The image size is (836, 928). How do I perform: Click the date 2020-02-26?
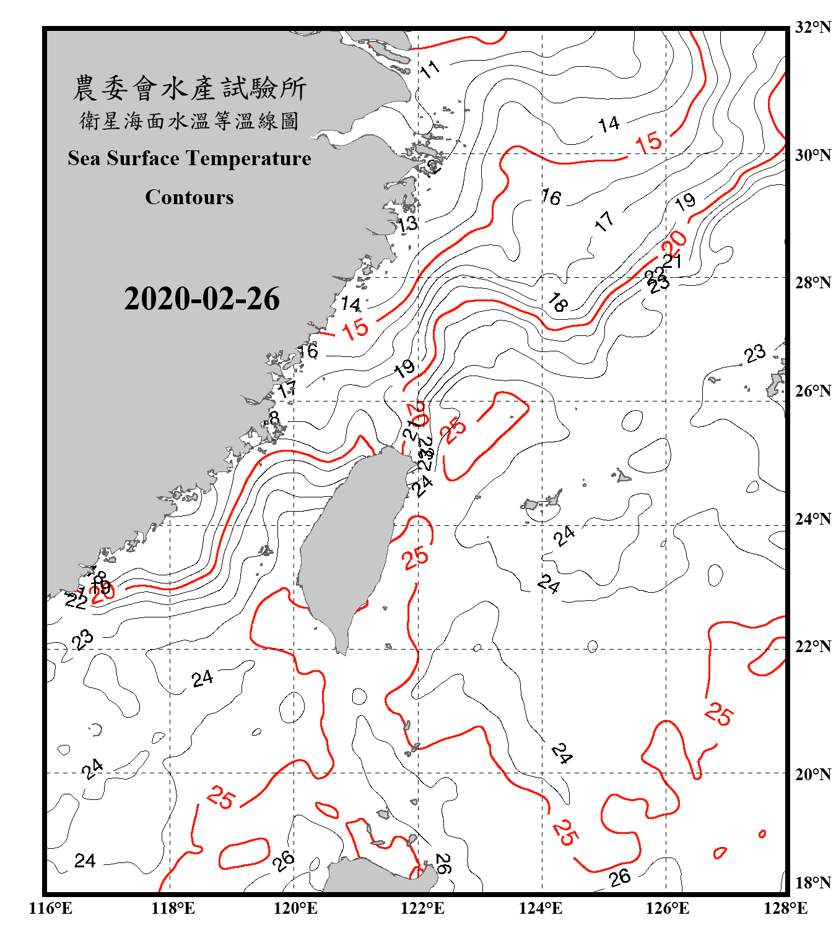pyautogui.click(x=202, y=299)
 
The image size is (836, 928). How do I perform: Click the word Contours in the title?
pyautogui.click(x=189, y=197)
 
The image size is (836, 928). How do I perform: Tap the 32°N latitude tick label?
pyautogui.click(x=813, y=27)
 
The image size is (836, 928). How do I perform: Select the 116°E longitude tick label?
pyautogui.click(x=51, y=908)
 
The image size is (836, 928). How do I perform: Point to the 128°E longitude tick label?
pyautogui.click(x=785, y=908)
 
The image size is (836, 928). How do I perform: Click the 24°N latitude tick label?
pyautogui.click(x=813, y=519)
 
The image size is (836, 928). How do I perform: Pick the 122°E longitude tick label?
pyautogui.click(x=422, y=908)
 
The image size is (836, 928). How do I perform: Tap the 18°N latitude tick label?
pyautogui.click(x=813, y=883)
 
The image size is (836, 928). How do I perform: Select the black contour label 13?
pyautogui.click(x=407, y=224)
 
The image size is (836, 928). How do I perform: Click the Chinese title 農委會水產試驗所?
pyautogui.click(x=189, y=88)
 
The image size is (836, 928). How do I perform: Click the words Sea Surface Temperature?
pyautogui.click(x=189, y=158)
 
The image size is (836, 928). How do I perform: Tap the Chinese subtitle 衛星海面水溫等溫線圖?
pyautogui.click(x=189, y=121)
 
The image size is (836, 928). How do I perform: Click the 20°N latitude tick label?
pyautogui.click(x=813, y=774)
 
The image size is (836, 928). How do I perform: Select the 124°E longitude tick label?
pyautogui.click(x=541, y=908)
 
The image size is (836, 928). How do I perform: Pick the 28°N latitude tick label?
pyautogui.click(x=813, y=283)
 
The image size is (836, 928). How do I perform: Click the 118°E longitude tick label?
pyautogui.click(x=173, y=908)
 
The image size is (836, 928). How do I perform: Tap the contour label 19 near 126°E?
pyautogui.click(x=685, y=202)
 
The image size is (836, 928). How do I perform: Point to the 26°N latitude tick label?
pyautogui.click(x=813, y=391)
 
